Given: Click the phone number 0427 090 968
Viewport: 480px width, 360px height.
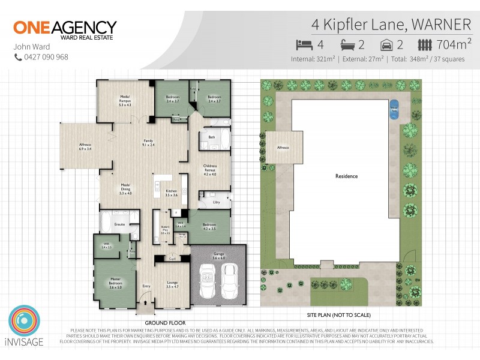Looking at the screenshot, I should [x=45, y=57].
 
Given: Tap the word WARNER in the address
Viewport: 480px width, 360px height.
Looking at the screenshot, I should [x=442, y=25].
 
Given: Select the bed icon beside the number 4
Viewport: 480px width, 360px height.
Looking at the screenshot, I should [x=304, y=44].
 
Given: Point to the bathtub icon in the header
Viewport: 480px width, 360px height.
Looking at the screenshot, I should [x=349, y=44].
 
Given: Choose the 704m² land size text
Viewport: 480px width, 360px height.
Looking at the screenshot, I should [x=454, y=44].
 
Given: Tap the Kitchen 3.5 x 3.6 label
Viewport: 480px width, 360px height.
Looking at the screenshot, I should [x=172, y=193].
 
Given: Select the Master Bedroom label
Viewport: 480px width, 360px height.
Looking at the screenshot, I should [x=115, y=284].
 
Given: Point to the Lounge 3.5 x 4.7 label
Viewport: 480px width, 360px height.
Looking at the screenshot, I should [x=172, y=286].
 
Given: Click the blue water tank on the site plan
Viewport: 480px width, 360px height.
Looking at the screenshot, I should [x=394, y=110].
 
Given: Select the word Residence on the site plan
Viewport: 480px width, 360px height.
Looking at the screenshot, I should [x=346, y=176].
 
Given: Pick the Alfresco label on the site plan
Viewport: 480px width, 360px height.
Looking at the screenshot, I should [x=283, y=148].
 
